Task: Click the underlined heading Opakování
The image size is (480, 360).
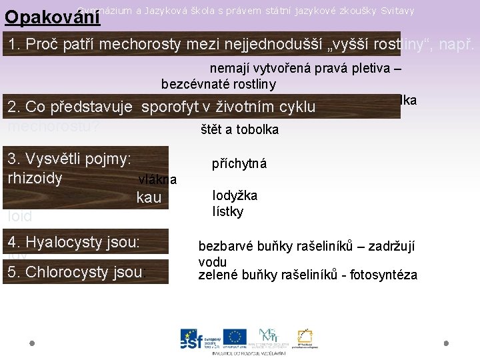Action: [x=52, y=16]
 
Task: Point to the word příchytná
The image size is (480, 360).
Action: [x=239, y=163]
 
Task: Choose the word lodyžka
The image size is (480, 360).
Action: [x=235, y=195]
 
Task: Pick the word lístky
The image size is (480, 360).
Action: [x=228, y=212]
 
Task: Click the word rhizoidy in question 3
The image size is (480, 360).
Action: [x=35, y=179]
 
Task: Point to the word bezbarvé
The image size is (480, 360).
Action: [x=224, y=247]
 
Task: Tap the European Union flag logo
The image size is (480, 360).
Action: [x=235, y=337]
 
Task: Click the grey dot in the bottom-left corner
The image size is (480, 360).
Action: [x=31, y=344]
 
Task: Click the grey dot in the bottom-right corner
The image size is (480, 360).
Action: [x=446, y=343]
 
